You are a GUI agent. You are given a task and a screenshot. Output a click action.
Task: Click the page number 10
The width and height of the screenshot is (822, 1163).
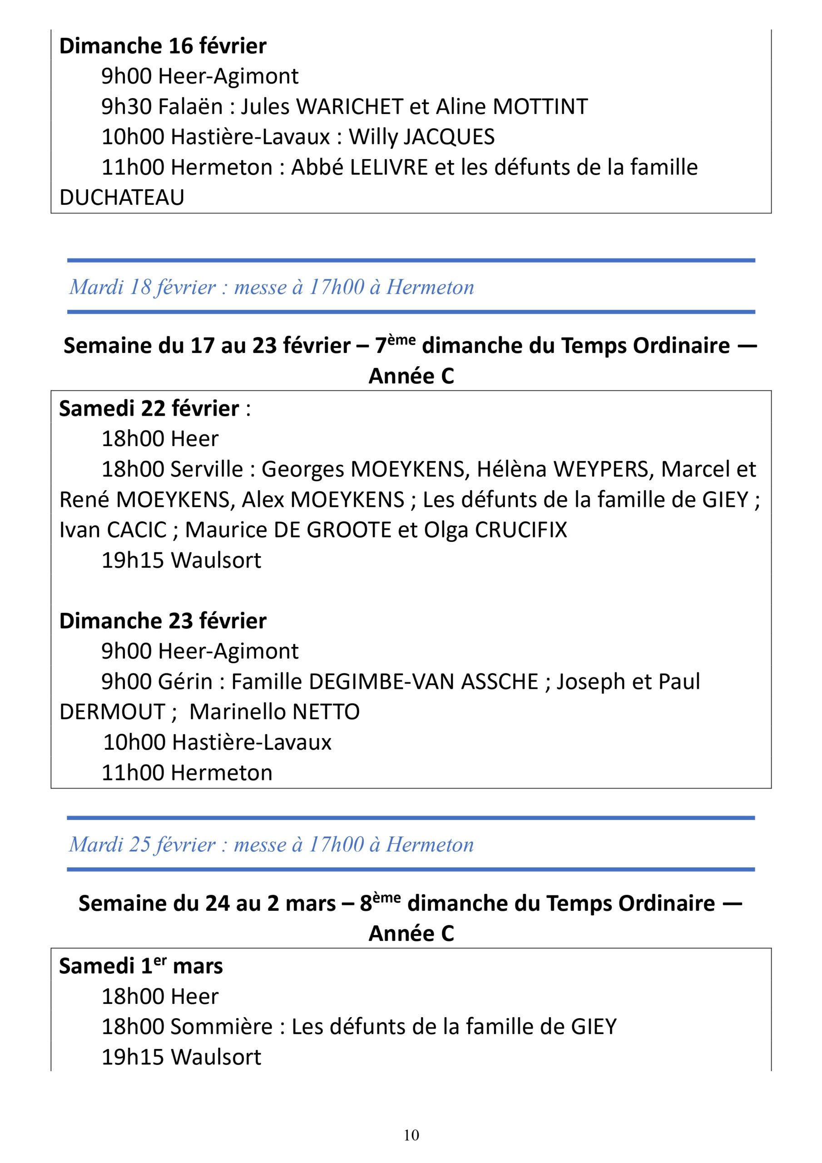[411, 1135]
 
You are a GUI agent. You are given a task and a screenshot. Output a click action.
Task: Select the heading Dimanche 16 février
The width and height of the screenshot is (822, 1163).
[163, 46]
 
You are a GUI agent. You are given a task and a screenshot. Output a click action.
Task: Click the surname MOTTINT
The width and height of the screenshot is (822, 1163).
[540, 107]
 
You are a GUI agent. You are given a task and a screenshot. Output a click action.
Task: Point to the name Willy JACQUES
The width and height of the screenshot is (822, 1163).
[421, 137]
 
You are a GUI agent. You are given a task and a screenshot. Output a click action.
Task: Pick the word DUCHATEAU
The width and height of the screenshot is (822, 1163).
[122, 198]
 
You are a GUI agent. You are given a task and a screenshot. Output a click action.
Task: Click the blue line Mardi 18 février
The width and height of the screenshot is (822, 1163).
[272, 287]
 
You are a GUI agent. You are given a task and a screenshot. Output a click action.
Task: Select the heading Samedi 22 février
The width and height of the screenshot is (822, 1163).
[149, 409]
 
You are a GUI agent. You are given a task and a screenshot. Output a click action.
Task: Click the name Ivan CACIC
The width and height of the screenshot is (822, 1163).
[113, 530]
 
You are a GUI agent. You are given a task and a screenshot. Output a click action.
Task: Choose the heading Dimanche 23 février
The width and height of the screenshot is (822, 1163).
[163, 621]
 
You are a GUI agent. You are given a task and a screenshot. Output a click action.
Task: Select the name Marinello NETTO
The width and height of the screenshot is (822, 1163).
[274, 712]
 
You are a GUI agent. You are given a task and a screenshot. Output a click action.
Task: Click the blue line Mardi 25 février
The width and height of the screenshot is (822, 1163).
[271, 845]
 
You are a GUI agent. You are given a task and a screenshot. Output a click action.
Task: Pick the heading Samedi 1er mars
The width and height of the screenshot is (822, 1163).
[141, 966]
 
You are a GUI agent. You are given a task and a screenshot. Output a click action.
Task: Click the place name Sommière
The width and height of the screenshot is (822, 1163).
[222, 1027]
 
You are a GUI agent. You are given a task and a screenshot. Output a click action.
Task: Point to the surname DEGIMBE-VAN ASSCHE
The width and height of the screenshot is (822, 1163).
[423, 682]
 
